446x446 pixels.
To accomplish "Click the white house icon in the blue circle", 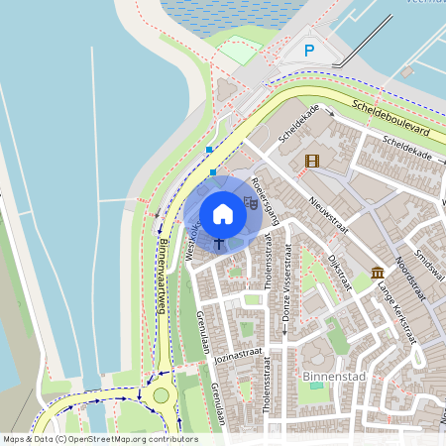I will (223, 213).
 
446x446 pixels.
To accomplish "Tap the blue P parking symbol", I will (309, 51).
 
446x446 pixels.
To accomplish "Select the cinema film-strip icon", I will (313, 161).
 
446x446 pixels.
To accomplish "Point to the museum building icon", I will (378, 273).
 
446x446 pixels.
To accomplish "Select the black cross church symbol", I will (219, 242).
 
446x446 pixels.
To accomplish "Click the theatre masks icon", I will (250, 203).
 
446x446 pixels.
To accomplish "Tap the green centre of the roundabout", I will (161, 395).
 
